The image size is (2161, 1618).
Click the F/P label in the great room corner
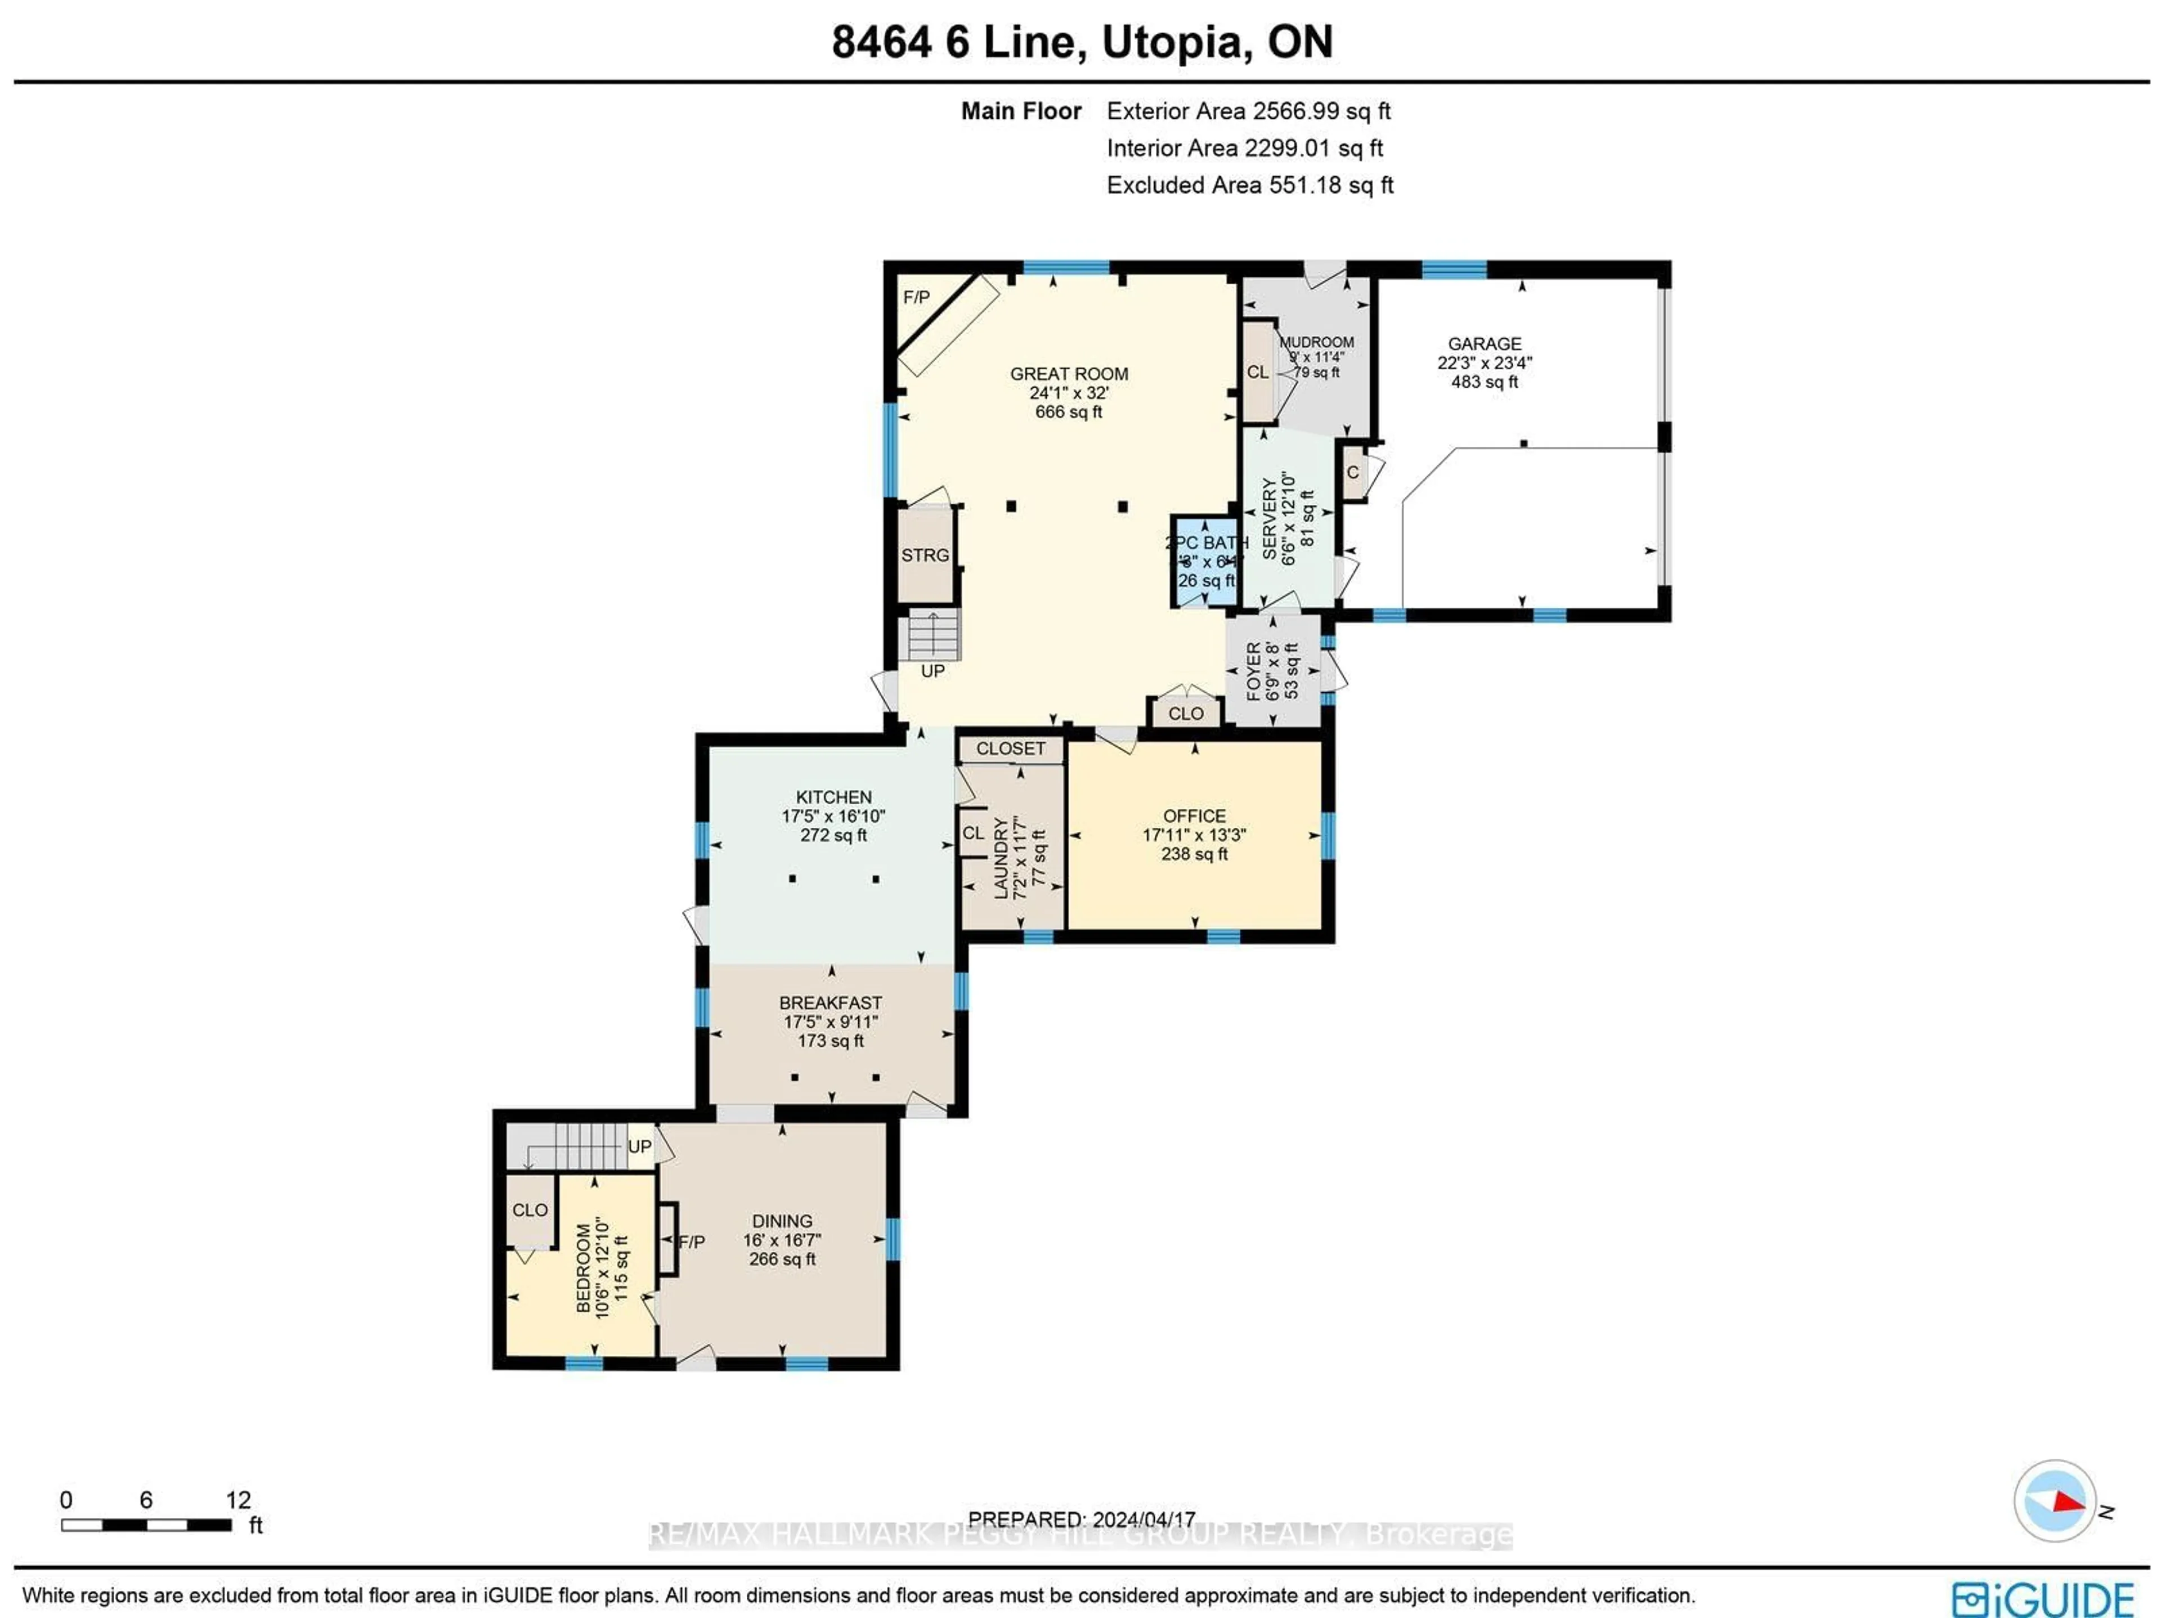click(916, 297)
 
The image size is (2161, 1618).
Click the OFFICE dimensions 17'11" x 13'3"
click(1194, 835)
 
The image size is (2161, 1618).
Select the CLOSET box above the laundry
click(1010, 749)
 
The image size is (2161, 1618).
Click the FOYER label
click(1254, 671)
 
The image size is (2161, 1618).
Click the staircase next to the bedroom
click(576, 1145)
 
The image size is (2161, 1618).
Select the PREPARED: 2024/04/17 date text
click(1082, 1520)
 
